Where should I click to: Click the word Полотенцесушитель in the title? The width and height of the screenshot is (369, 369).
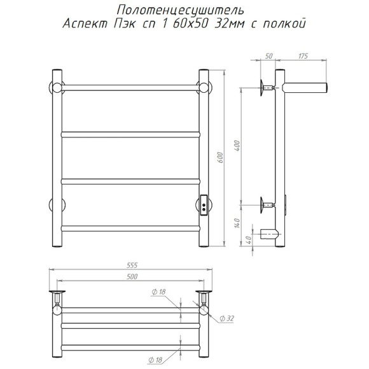(181, 11)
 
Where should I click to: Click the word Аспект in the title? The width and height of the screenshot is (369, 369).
(85, 24)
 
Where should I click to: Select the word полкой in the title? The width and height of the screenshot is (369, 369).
(284, 23)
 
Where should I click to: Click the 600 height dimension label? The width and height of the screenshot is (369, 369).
(220, 158)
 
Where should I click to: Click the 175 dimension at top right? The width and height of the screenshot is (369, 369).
(303, 56)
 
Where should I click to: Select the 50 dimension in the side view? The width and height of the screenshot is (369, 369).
(268, 56)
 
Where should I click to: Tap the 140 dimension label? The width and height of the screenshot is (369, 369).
(237, 223)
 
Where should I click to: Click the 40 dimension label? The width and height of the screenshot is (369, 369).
(249, 240)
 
